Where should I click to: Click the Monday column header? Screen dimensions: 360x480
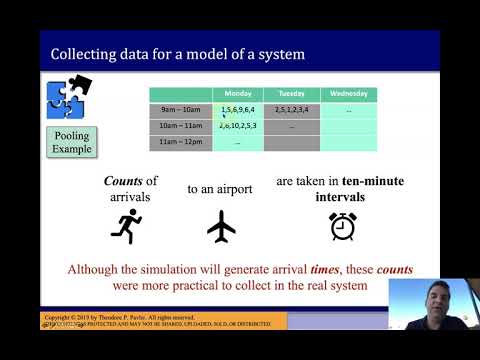coord(238,94)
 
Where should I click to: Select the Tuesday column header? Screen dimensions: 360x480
coord(292,94)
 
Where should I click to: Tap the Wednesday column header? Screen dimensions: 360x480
coord(348,94)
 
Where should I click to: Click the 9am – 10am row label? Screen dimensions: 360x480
coord(180,109)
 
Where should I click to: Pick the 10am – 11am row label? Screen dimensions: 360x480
coord(181,126)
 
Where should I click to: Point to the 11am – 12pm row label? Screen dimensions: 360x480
coord(181,143)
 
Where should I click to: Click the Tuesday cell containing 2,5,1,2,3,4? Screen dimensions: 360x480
coord(292,109)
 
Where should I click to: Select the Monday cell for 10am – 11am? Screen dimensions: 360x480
coord(238,126)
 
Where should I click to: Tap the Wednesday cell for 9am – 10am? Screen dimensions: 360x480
coord(348,109)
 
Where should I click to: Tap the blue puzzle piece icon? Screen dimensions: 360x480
coord(68,97)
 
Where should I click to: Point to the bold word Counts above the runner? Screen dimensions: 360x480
coord(126,181)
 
